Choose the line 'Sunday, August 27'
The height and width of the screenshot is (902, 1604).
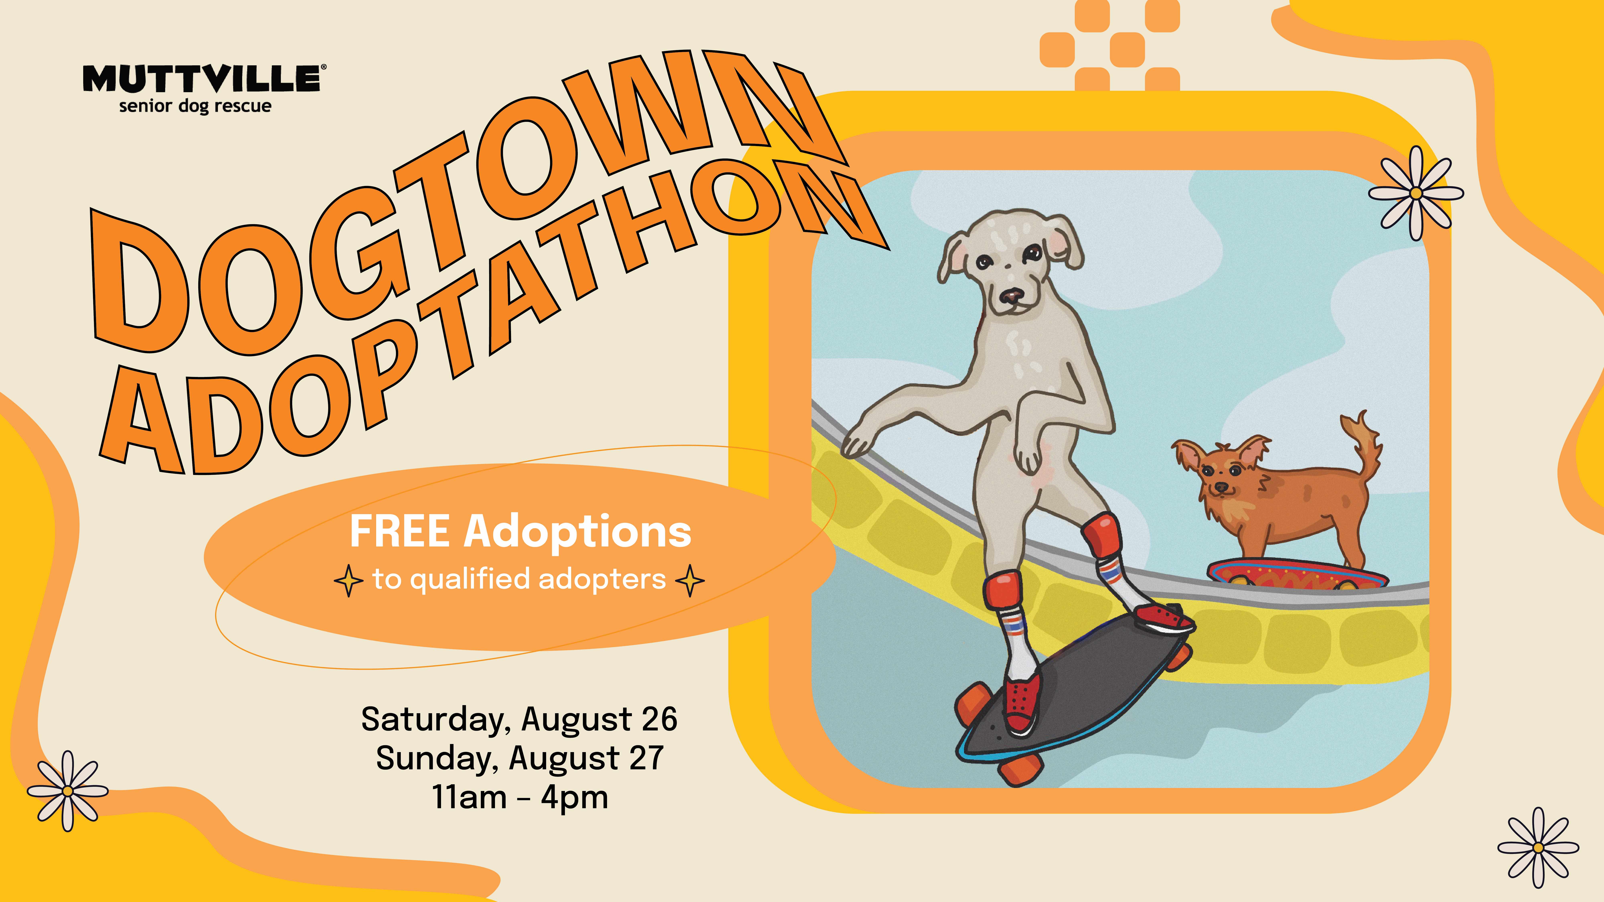click(x=519, y=758)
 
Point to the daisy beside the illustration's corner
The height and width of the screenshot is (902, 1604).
click(x=1415, y=193)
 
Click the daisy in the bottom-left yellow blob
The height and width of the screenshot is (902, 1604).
click(x=67, y=791)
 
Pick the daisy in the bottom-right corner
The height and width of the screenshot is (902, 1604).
click(x=1538, y=848)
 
